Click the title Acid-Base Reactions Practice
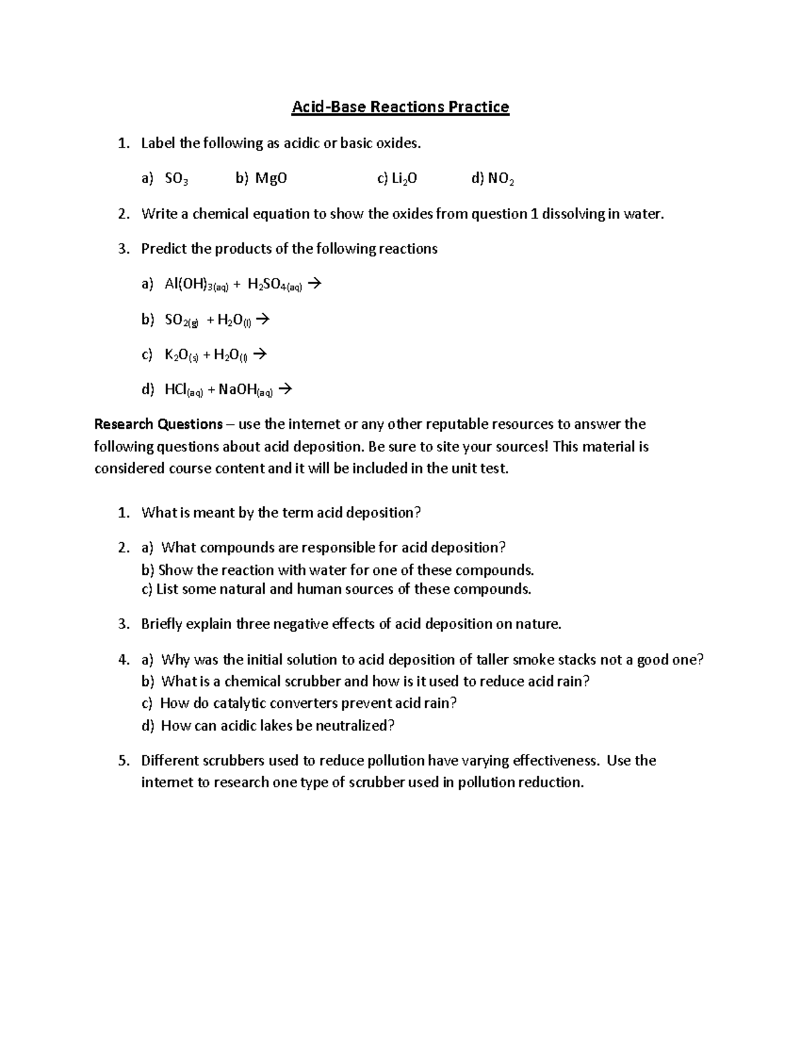tap(400, 107)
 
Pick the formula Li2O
tap(405, 178)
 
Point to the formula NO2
tap(501, 178)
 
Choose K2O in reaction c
tap(182, 355)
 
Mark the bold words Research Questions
tap(158, 424)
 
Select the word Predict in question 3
tap(164, 249)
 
